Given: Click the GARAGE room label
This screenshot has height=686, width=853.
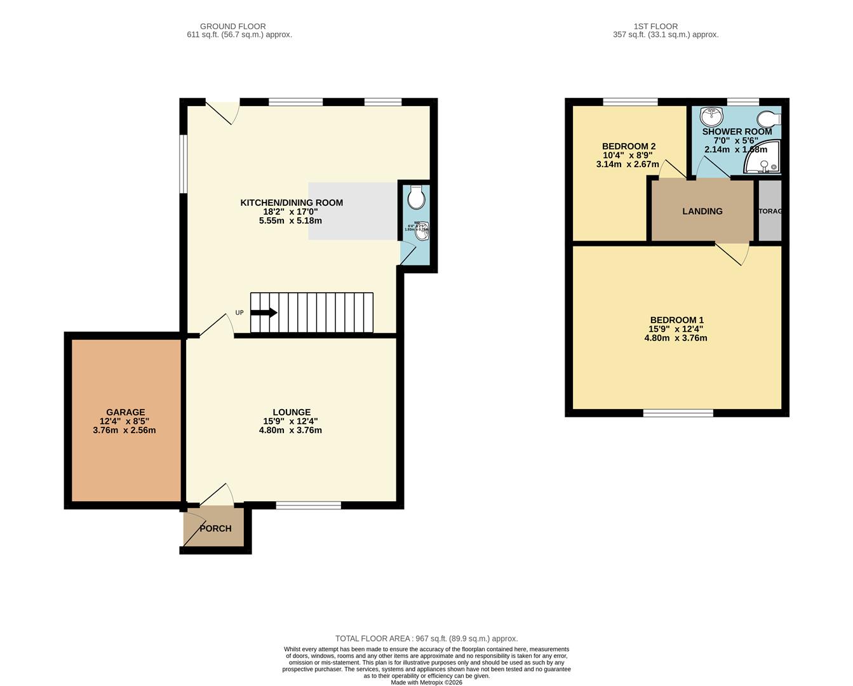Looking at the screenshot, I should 125,412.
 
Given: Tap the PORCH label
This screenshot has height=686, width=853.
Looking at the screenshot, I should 216,528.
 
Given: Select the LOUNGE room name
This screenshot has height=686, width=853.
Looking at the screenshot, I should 292,412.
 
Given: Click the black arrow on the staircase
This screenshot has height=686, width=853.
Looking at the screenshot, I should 264,313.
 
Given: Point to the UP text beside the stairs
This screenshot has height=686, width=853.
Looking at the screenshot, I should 239,313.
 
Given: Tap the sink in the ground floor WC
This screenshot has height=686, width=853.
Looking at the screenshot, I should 421,232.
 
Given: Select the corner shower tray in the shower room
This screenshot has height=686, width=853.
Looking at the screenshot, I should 764,161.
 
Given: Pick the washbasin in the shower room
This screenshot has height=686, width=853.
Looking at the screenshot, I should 711,116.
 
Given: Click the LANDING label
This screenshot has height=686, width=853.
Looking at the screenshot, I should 702,212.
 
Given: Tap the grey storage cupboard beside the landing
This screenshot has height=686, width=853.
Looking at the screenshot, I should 770,211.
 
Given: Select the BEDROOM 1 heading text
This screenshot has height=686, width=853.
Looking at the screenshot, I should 676,320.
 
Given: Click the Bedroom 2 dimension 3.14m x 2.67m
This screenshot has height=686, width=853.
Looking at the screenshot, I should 628,164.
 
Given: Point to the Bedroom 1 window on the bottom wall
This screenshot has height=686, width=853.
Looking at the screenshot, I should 678,414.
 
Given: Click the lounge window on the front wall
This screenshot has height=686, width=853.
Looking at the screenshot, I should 309,506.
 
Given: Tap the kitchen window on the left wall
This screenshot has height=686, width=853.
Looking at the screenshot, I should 183,163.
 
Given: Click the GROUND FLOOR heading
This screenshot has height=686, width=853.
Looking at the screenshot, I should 232,26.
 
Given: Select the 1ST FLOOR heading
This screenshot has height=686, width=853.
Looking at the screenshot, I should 647,26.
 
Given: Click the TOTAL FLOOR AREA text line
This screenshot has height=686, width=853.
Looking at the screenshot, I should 426,638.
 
